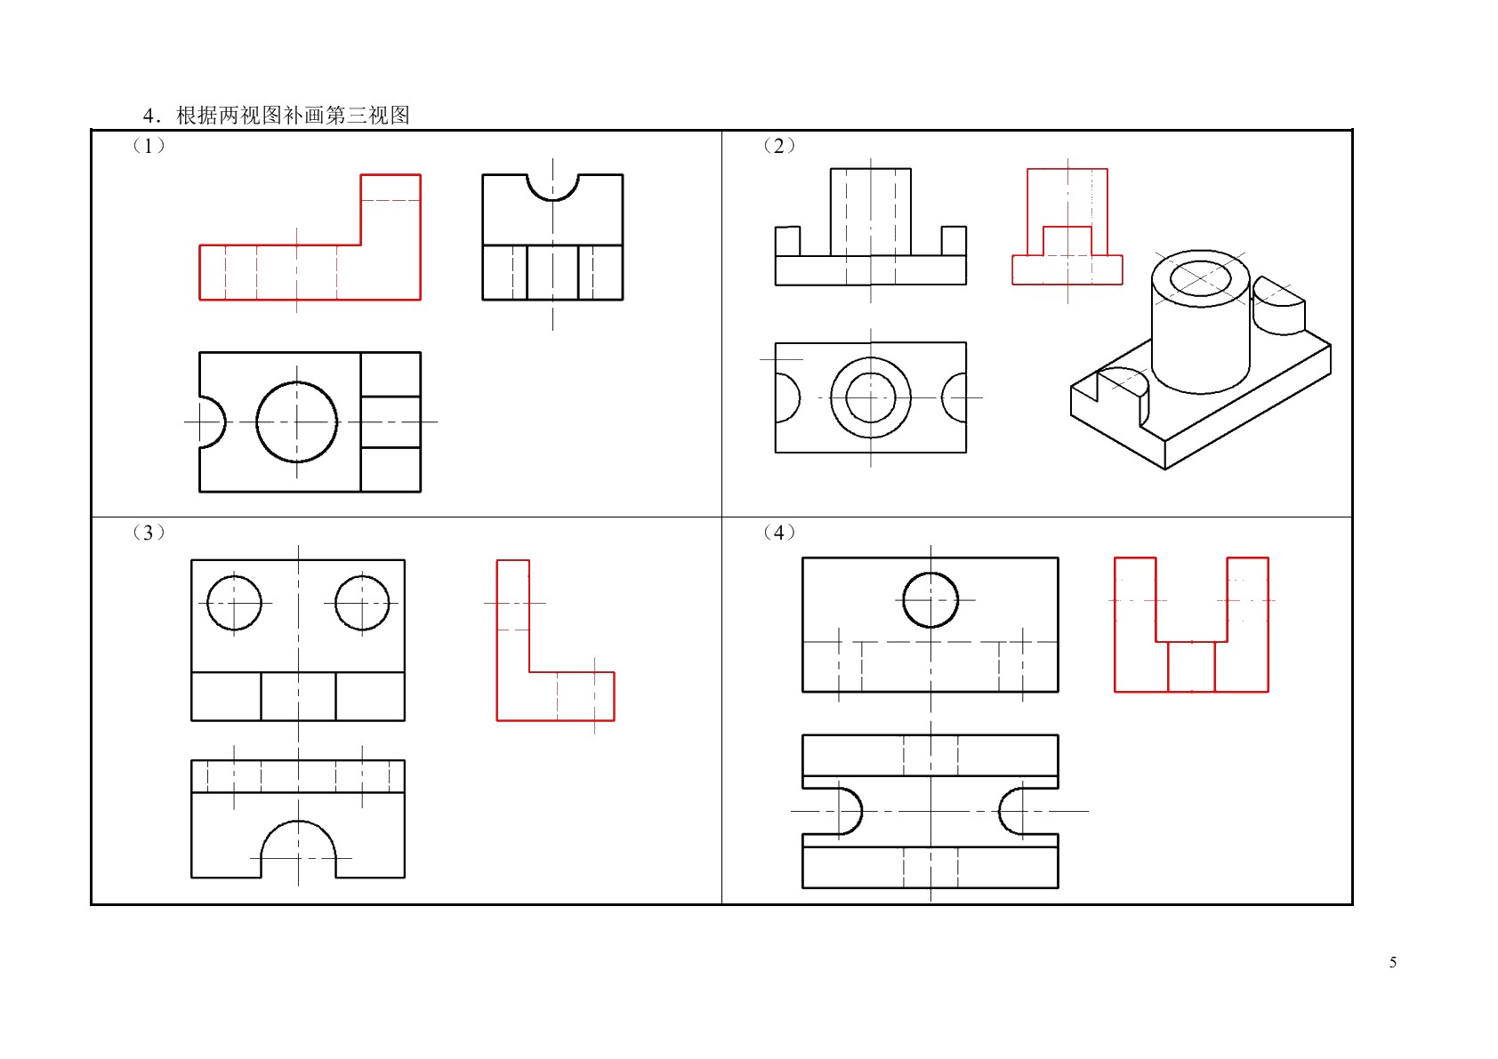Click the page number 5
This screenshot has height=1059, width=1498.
[1392, 962]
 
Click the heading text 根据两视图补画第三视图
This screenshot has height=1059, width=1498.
[293, 115]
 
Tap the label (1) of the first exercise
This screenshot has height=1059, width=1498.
[149, 145]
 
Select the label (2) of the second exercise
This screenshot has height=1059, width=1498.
[779, 145]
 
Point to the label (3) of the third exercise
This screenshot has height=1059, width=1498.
[149, 533]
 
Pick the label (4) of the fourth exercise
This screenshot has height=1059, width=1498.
[779, 533]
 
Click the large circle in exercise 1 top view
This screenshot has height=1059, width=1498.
[257, 421]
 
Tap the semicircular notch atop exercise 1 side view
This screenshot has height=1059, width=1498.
[552, 200]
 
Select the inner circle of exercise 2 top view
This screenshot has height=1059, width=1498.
[846, 397]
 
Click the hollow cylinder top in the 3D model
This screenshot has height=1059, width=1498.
[1152, 278]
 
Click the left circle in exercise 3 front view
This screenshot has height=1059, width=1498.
[207, 603]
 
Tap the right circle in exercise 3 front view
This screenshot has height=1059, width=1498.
[335, 603]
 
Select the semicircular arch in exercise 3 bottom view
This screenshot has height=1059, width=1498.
[298, 821]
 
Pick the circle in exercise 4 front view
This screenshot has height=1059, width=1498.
[903, 599]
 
